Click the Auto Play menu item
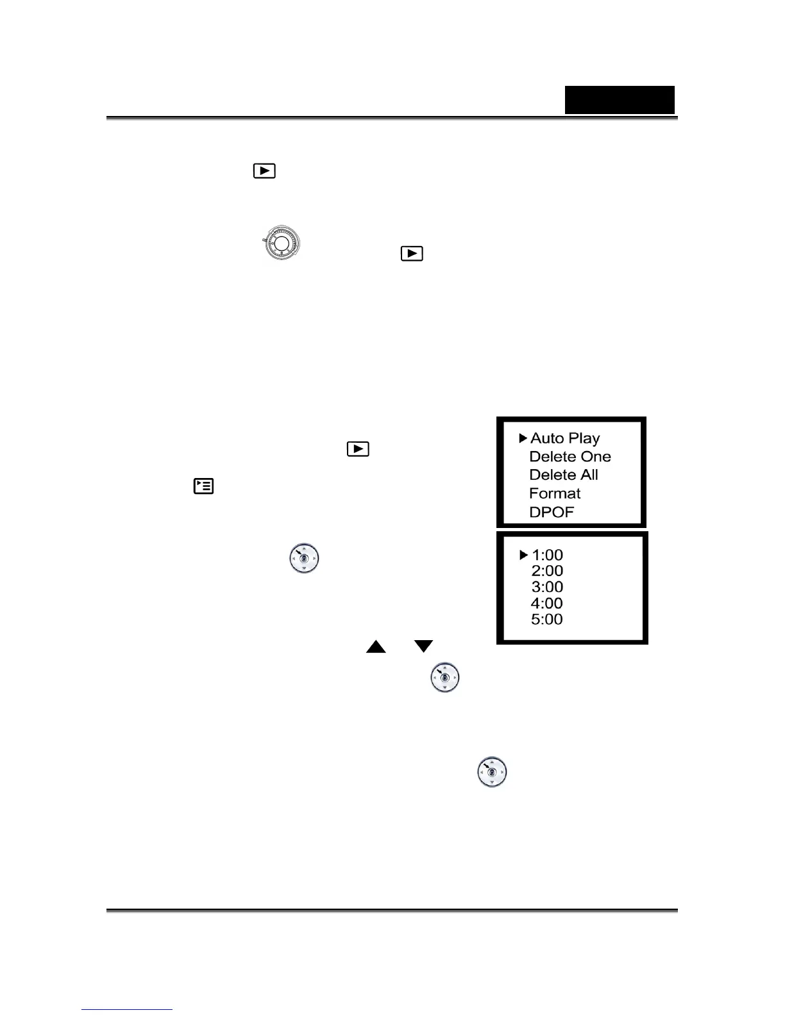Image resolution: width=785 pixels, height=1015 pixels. point(565,438)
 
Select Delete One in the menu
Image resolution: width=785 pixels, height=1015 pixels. point(570,457)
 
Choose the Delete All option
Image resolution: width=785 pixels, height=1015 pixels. point(563,475)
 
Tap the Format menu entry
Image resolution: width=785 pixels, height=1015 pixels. point(555,493)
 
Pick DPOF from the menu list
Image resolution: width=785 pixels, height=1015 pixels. point(551,512)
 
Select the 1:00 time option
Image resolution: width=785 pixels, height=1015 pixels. point(547,555)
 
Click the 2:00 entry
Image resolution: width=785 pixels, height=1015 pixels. point(547,571)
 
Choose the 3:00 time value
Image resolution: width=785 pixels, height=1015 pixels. point(547,587)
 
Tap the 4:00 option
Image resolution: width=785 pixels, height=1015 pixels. point(547,603)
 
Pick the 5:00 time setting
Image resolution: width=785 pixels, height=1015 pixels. point(547,619)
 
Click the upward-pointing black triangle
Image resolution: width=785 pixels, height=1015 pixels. point(376,647)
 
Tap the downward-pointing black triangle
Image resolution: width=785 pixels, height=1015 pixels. point(424,647)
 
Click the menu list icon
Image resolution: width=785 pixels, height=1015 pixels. point(204,486)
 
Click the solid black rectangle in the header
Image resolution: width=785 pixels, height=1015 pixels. point(620,100)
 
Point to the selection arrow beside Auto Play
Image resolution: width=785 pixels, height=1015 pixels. point(523,438)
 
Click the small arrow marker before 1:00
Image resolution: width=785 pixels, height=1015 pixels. point(523,555)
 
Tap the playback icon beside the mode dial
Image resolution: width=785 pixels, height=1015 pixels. point(412,254)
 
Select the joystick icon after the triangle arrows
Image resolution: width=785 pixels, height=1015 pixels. point(445,677)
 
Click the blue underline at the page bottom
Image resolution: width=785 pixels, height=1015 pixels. point(127,1010)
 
